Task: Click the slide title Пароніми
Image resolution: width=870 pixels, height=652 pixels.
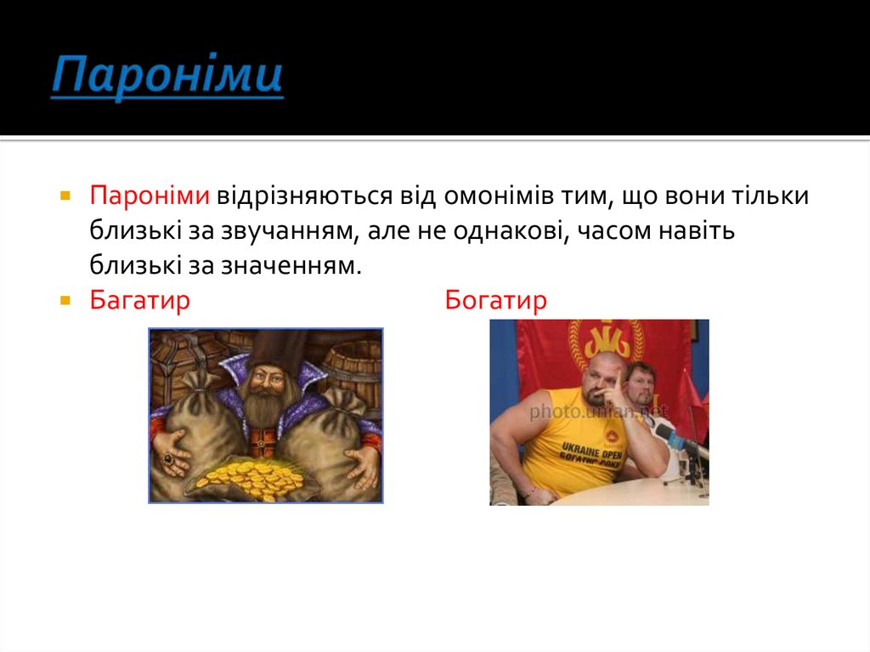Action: pyautogui.click(x=167, y=77)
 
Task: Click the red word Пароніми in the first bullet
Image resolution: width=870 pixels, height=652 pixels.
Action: pyautogui.click(x=150, y=196)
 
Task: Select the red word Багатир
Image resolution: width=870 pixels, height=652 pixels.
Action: pyautogui.click(x=140, y=301)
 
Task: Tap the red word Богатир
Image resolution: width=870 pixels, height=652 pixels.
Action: pyautogui.click(x=496, y=301)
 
